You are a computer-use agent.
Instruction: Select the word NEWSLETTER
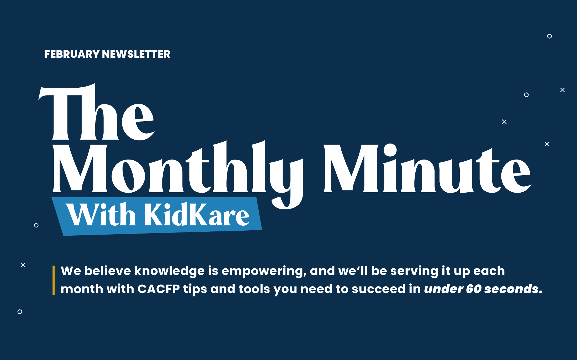[136, 54]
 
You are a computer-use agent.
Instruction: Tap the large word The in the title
[97, 112]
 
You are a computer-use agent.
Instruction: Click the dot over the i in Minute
[390, 150]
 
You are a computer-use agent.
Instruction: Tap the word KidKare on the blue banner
[197, 214]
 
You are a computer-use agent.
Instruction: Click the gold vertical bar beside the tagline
[54, 280]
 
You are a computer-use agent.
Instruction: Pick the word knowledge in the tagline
[169, 271]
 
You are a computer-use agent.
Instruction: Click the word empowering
[264, 271]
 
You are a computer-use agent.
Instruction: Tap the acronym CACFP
[159, 289]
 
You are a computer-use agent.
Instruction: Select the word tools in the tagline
[254, 289]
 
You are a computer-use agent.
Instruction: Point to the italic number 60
[474, 289]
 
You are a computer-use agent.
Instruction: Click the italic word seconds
[511, 289]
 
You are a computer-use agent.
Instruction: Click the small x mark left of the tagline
[23, 265]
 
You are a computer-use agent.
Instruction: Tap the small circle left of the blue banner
[36, 225]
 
